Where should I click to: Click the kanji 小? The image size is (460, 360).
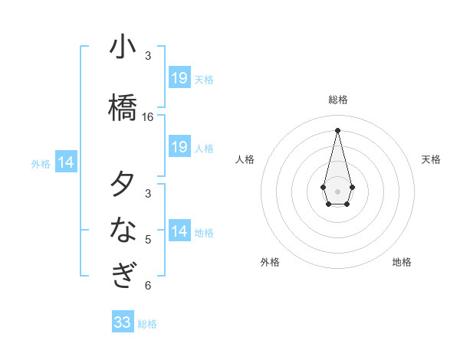[123, 47]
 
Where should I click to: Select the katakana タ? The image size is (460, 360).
[123, 185]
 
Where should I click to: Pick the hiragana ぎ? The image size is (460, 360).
[123, 275]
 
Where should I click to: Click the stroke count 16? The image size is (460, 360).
[148, 117]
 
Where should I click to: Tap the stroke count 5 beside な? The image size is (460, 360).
[148, 240]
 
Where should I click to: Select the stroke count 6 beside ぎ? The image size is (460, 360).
[148, 286]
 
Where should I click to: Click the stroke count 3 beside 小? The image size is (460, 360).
[148, 56]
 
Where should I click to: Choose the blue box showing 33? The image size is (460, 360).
[123, 322]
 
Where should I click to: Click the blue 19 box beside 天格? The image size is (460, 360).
[179, 78]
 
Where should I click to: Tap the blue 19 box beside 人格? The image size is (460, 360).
[179, 147]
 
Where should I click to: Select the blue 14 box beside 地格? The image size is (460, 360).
[179, 231]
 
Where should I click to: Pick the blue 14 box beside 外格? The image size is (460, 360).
[66, 162]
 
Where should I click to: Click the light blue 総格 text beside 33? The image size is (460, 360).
[147, 324]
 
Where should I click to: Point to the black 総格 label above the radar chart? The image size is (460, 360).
[337, 100]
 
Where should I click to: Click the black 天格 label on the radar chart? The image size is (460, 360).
[431, 159]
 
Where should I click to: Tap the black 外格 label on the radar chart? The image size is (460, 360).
[270, 262]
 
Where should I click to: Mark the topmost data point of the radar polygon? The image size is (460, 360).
[337, 130]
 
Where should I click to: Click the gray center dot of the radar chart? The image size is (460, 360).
[337, 190]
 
